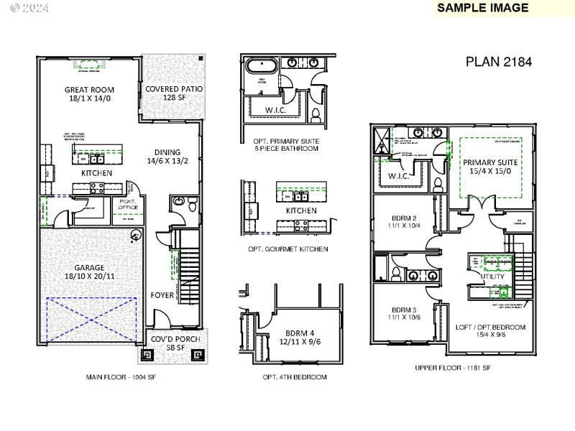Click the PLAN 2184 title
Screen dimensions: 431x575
[x=498, y=62]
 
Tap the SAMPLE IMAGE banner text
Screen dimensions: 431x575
[x=483, y=8]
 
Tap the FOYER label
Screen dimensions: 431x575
[x=162, y=295]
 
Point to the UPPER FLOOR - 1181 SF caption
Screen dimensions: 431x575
[x=453, y=368]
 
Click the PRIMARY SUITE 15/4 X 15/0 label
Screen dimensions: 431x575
[x=490, y=167]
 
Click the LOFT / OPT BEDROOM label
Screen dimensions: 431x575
[x=490, y=330]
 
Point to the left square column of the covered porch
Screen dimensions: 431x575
[x=147, y=354]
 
